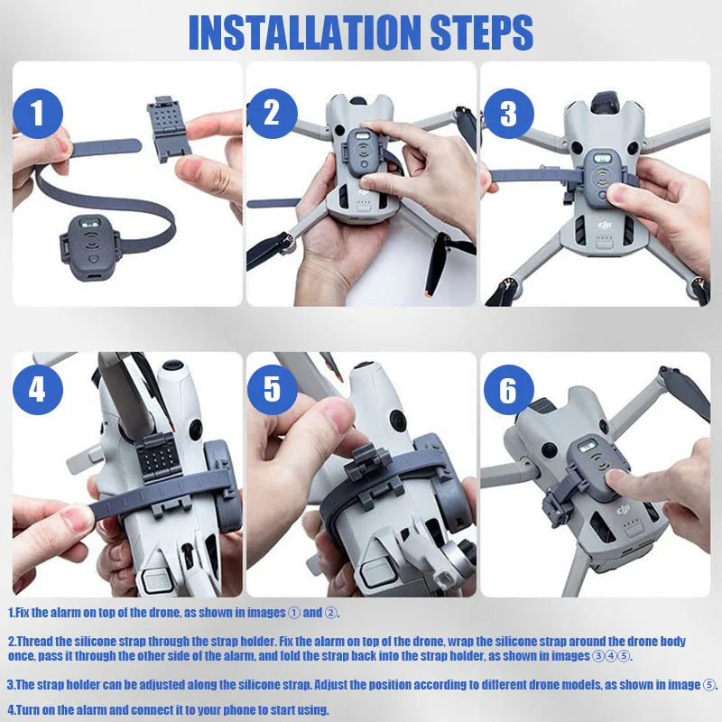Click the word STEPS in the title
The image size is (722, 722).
pyautogui.click(x=482, y=32)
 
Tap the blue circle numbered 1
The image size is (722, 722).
pyautogui.click(x=38, y=114)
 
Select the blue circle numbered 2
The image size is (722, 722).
pyautogui.click(x=273, y=114)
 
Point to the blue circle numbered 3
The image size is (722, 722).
pyautogui.click(x=509, y=114)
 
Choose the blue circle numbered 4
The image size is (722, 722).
pyautogui.click(x=38, y=390)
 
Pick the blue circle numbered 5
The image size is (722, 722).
pyautogui.click(x=273, y=390)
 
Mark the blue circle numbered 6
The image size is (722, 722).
pyautogui.click(x=509, y=390)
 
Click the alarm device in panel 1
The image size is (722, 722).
pyautogui.click(x=89, y=247)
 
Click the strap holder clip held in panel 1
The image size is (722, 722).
pyautogui.click(x=169, y=129)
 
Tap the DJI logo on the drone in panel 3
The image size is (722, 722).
pyautogui.click(x=605, y=224)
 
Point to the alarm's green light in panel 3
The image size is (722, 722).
pyautogui.click(x=602, y=159)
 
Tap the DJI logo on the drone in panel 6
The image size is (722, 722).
pyautogui.click(x=623, y=510)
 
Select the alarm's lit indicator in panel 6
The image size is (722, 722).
pyautogui.click(x=587, y=446)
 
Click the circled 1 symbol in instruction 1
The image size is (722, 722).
pyautogui.click(x=294, y=613)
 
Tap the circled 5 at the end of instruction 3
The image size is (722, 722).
pyautogui.click(x=708, y=685)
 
